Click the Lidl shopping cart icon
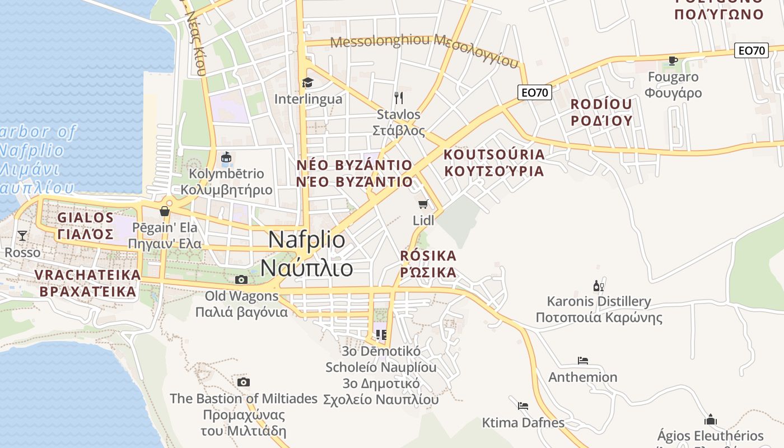pyautogui.click(x=423, y=204)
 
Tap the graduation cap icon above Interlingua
pyautogui.click(x=307, y=83)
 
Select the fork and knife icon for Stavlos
pyautogui.click(x=399, y=98)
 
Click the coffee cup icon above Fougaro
pyautogui.click(x=673, y=60)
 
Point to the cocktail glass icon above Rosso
pyautogui.click(x=22, y=236)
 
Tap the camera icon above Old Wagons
pyautogui.click(x=241, y=279)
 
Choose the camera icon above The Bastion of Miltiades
pyautogui.click(x=244, y=382)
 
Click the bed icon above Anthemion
pyautogui.click(x=583, y=361)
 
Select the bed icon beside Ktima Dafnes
pyautogui.click(x=523, y=405)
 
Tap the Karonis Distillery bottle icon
pyautogui.click(x=598, y=286)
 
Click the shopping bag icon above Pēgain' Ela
pyautogui.click(x=165, y=211)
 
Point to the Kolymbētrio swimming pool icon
pyautogui.click(x=226, y=158)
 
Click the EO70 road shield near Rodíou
pyautogui.click(x=534, y=92)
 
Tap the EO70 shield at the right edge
pyautogui.click(x=751, y=50)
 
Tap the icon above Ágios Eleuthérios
pyautogui.click(x=711, y=419)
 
